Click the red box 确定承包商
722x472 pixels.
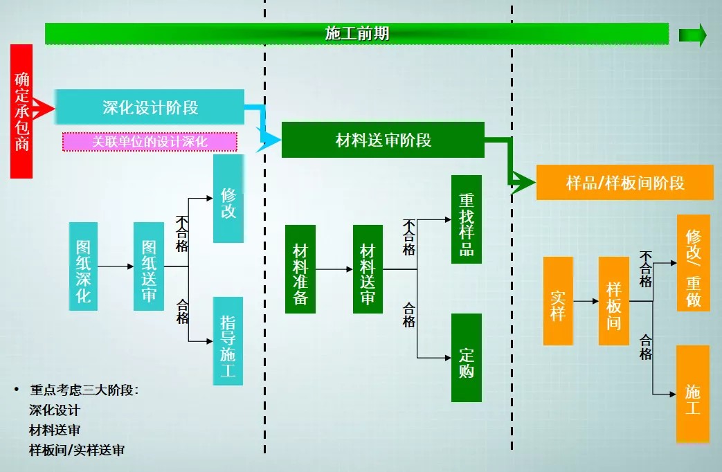[21, 111]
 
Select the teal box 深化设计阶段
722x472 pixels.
[150, 107]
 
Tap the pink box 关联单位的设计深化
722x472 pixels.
[150, 142]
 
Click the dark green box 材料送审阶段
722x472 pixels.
[383, 140]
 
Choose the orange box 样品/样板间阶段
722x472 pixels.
[624, 183]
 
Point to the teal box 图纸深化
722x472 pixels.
[83, 266]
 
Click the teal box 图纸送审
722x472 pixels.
[149, 266]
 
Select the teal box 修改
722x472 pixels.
[228, 199]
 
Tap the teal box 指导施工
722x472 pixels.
[228, 341]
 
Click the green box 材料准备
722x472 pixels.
[300, 269]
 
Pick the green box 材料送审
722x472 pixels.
[368, 269]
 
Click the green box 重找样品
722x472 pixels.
[466, 219]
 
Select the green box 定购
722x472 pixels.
[466, 357]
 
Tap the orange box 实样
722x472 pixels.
[558, 301]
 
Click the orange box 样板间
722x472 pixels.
[613, 301]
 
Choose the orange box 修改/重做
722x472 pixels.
[693, 263]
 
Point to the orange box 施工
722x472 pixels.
[692, 394]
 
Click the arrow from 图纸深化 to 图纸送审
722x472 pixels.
[116, 266]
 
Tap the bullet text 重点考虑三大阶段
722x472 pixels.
[84, 390]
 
